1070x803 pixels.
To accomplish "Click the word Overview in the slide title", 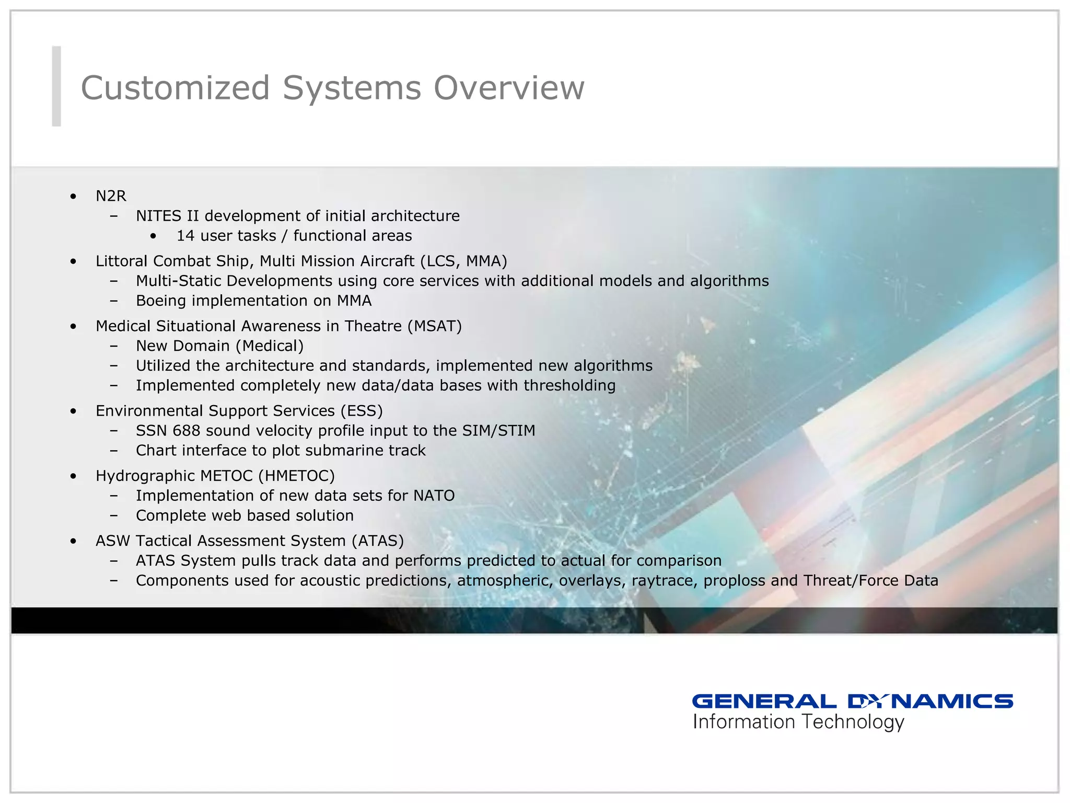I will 509,87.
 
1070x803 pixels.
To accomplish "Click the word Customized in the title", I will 175,87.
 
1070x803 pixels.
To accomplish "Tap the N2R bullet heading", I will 111,196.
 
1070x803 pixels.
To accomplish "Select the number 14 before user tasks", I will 185,236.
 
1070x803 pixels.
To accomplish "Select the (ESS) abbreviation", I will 362,411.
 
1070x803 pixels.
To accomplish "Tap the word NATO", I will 434,496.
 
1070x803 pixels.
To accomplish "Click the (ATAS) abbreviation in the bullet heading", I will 378,541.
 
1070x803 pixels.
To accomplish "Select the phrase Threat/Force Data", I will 871,581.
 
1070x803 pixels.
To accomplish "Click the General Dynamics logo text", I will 852,701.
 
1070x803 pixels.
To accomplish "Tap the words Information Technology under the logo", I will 798,722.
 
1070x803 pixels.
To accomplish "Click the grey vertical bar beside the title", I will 56,86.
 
